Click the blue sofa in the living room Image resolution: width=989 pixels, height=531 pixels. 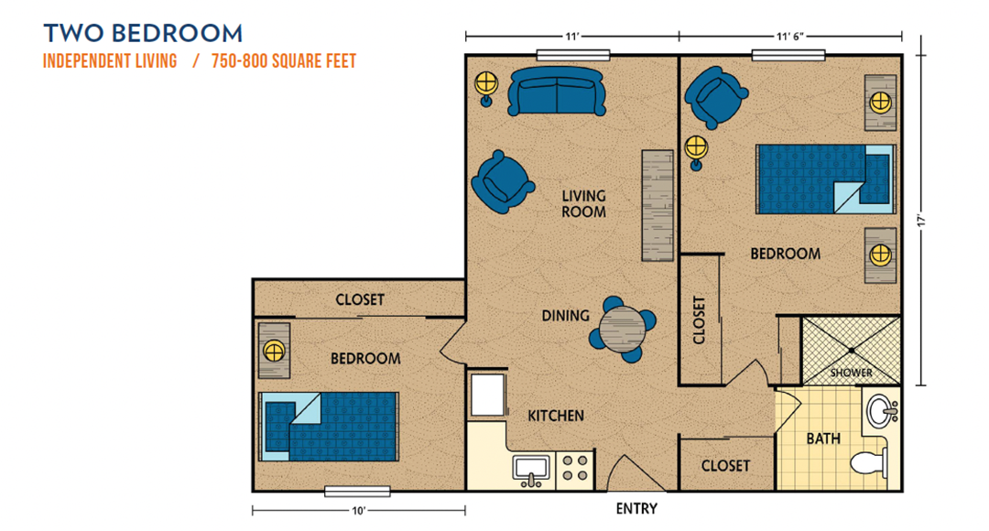(557, 92)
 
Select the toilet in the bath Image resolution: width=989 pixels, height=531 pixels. (870, 463)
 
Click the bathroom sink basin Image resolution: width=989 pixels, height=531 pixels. (881, 412)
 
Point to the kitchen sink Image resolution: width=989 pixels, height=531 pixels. (531, 469)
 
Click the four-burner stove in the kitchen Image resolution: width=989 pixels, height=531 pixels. (574, 469)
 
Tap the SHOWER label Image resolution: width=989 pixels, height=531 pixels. (851, 373)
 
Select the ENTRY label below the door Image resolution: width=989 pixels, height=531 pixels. (636, 508)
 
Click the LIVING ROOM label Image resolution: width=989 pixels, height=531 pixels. (583, 203)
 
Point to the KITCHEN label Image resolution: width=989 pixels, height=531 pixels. (556, 416)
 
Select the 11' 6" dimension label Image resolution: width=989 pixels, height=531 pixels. (789, 37)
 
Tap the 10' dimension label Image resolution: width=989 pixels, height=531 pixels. (358, 511)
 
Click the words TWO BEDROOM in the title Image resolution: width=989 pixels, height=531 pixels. (143, 34)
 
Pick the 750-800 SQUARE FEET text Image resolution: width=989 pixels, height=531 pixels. (284, 61)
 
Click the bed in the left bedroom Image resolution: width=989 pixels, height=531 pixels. (329, 427)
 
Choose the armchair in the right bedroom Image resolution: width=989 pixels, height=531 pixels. (715, 97)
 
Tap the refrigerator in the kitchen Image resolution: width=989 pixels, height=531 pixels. (487, 395)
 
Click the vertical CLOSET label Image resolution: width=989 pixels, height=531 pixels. (699, 320)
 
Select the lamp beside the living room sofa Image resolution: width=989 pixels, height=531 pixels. (486, 88)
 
